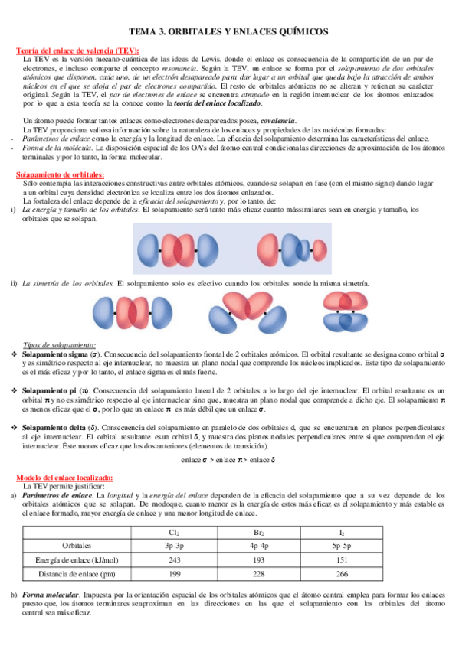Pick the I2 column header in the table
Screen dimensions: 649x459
click(x=343, y=531)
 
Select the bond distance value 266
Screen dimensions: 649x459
click(x=343, y=575)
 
